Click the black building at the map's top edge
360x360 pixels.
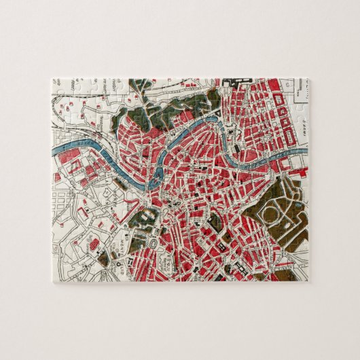pyautogui.click(x=230, y=84)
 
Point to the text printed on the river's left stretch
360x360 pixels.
pyautogui.click(x=82, y=144)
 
